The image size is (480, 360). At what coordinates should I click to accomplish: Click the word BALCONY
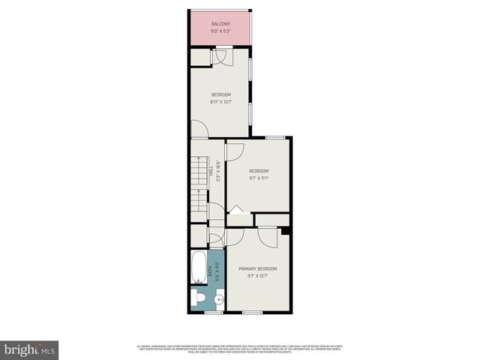point(220,24)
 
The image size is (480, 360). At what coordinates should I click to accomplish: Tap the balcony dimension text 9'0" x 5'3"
point(220,31)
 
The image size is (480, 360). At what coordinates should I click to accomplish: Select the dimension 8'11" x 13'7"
point(220,101)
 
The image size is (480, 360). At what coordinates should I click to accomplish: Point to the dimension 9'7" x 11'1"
point(258,178)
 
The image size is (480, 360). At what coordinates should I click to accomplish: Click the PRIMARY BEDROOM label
point(258,268)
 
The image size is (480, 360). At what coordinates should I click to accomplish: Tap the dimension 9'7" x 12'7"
point(258,276)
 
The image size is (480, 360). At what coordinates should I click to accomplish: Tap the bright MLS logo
point(29,349)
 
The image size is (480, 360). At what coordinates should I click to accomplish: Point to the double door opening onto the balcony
point(223,55)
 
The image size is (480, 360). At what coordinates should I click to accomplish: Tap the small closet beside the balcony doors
point(199,57)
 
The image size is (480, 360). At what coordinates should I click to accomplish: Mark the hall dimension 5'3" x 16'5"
point(217,170)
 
